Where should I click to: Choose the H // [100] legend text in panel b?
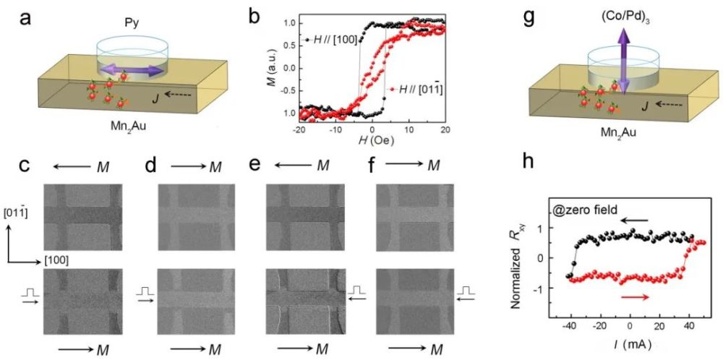pos(334,40)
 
